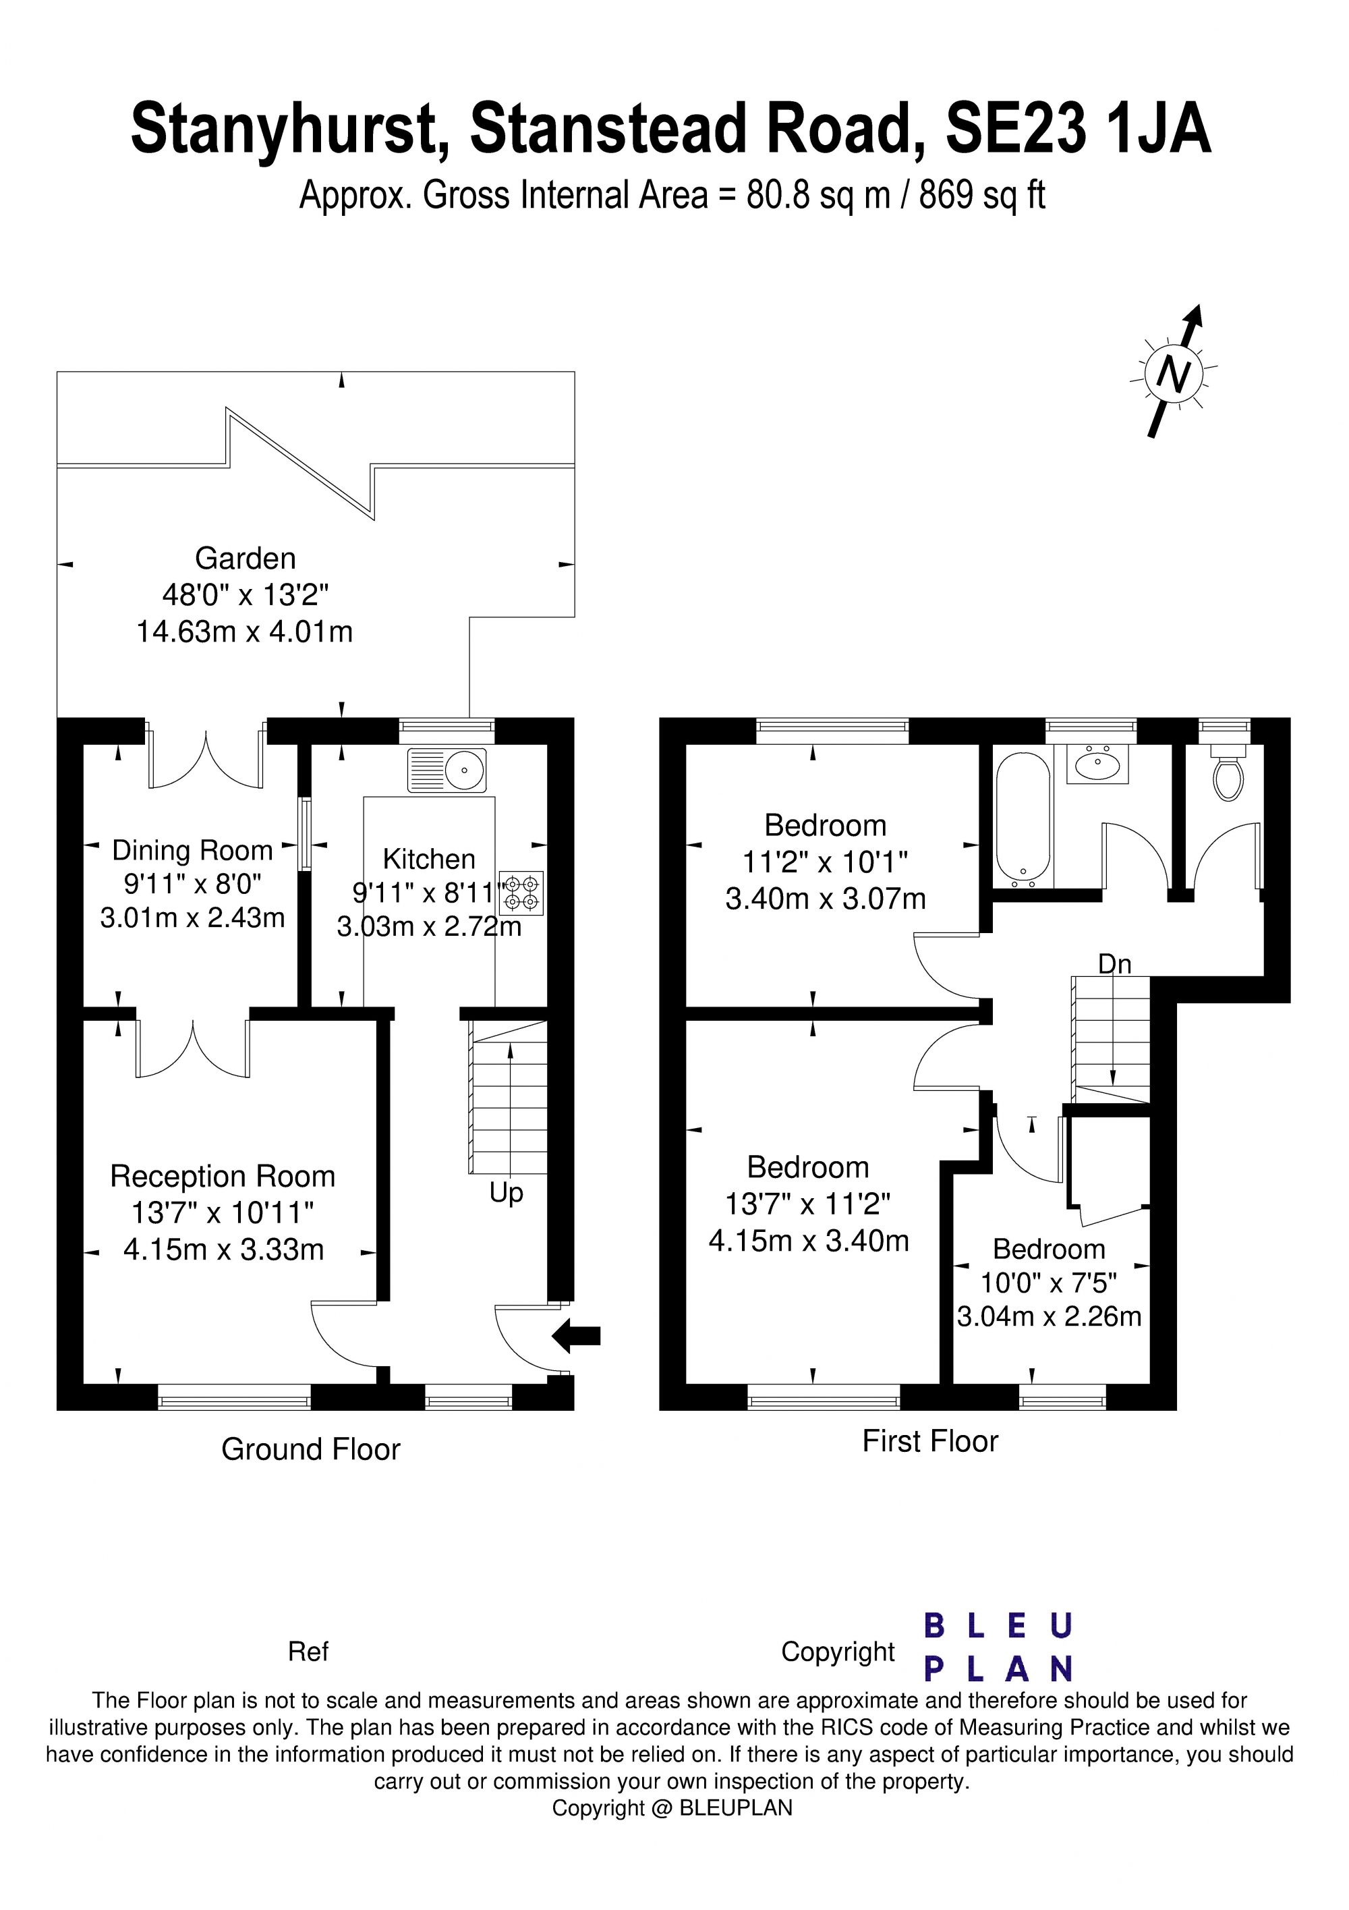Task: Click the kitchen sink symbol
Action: (447, 770)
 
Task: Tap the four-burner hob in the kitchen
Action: (521, 893)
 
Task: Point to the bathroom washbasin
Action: (1098, 764)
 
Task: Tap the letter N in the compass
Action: (1174, 374)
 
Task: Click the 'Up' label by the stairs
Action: (506, 1193)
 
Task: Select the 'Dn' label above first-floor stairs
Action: (1114, 963)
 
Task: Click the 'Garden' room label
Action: (246, 558)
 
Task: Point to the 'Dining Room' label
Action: (192, 850)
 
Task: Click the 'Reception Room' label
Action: (223, 1176)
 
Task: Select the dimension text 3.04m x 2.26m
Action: (1049, 1317)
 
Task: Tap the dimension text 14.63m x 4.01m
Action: (245, 632)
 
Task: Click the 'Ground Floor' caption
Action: (310, 1449)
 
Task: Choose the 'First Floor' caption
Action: (930, 1441)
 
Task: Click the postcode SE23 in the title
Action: (1016, 129)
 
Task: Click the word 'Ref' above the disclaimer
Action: (308, 1652)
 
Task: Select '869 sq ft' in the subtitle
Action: (981, 196)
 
